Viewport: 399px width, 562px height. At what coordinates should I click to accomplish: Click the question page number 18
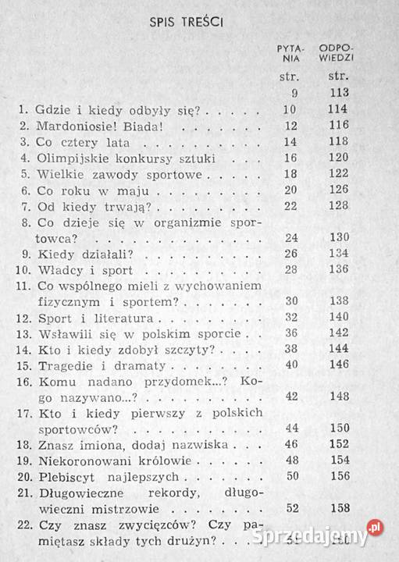click(287, 175)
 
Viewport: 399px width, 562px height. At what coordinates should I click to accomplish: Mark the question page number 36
click(287, 336)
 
